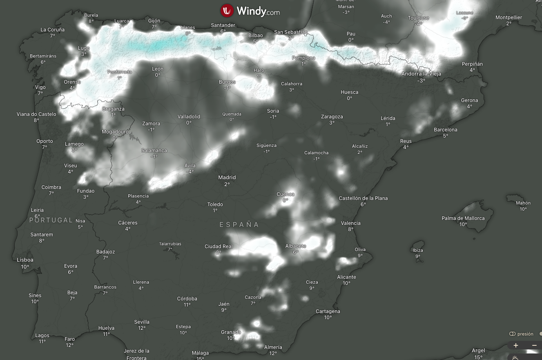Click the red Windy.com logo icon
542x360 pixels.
227,11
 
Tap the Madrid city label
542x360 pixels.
227,178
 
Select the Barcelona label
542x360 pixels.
445,130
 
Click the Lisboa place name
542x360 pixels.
25,260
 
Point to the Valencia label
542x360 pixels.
351,223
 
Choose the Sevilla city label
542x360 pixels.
142,322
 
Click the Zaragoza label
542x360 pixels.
332,117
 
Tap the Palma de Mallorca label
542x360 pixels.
463,218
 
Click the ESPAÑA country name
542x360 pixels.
239,225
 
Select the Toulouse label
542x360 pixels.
418,18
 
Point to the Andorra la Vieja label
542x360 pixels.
422,74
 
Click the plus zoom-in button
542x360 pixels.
516,345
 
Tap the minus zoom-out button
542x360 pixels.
534,345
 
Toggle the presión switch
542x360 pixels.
513,334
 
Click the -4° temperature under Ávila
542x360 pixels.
190,171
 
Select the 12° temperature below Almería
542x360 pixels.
273,353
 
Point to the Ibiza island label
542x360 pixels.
418,250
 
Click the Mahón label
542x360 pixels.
523,203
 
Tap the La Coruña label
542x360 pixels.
53,30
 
